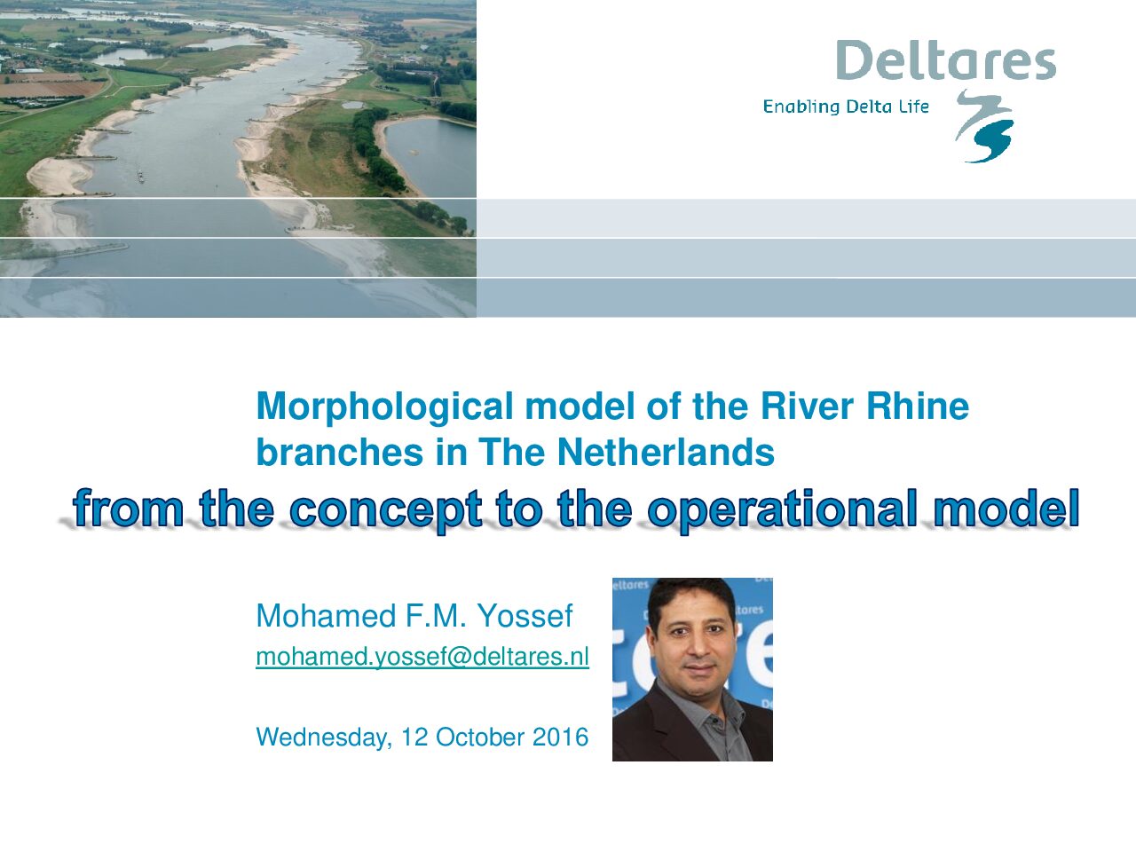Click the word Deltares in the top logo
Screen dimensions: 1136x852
pos(945,60)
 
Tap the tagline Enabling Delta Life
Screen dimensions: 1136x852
pos(846,107)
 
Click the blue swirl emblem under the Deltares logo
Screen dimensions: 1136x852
pos(984,126)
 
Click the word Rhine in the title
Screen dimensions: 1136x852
pos(917,406)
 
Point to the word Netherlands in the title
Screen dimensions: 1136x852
pos(666,452)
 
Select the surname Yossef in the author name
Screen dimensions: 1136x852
pos(525,616)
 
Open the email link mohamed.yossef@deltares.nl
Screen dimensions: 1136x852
pos(422,657)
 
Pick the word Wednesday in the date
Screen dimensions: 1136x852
pos(324,738)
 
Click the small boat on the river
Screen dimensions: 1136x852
pos(141,177)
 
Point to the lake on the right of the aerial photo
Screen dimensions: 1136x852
pos(430,155)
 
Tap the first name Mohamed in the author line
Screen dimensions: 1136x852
pos(326,616)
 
